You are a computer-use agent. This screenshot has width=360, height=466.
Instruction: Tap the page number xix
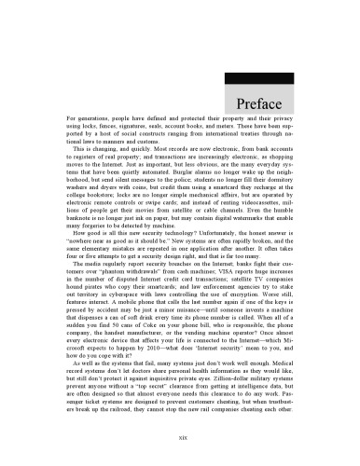(180, 435)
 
